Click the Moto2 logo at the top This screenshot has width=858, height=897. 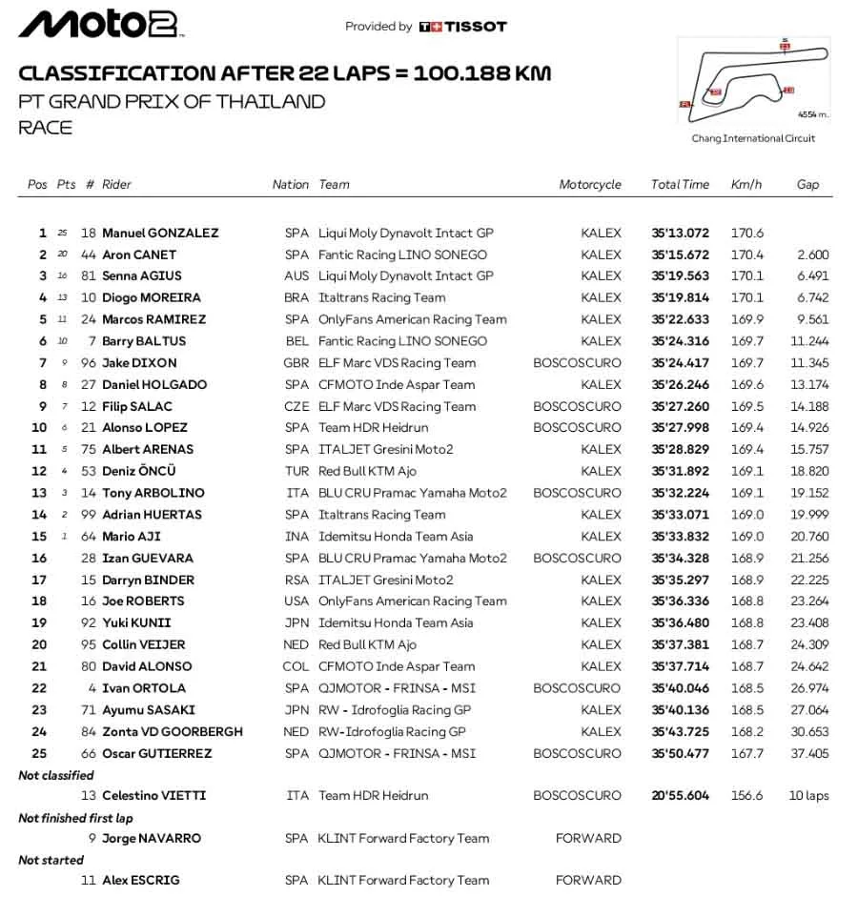click(x=99, y=25)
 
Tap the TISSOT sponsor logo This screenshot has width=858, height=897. click(x=463, y=27)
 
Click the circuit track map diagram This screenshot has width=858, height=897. click(x=754, y=80)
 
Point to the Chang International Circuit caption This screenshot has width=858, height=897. click(x=753, y=138)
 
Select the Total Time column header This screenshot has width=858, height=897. click(x=680, y=185)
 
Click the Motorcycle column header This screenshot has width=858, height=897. click(x=590, y=185)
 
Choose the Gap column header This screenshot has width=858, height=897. click(x=807, y=185)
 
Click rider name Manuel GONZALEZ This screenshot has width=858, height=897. click(x=160, y=233)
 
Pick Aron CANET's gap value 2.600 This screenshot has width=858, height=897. click(x=812, y=255)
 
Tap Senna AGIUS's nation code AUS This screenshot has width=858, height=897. click(x=296, y=276)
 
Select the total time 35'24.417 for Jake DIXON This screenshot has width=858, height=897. click(x=680, y=363)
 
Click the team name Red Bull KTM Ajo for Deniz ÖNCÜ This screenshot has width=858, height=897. click(x=367, y=471)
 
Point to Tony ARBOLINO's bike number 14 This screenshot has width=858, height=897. click(x=89, y=493)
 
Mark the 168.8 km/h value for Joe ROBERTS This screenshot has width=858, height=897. click(x=746, y=601)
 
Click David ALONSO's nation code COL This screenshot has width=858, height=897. click(x=296, y=666)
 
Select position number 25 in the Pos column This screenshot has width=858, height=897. click(x=38, y=753)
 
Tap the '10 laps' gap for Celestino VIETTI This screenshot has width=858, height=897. click(x=808, y=796)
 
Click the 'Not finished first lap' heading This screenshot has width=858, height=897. click(x=75, y=818)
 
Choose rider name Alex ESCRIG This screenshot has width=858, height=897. click(x=140, y=881)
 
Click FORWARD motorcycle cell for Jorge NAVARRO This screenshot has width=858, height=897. click(x=588, y=839)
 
